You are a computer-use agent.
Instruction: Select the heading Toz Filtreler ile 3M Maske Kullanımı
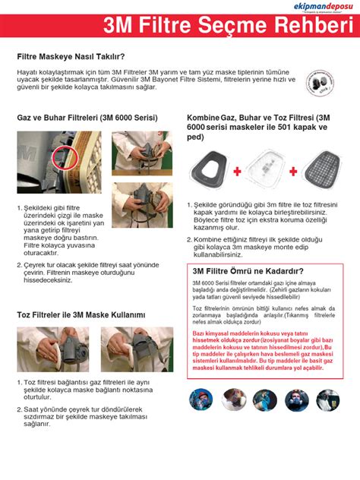81,314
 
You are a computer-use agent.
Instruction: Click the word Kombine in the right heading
202,118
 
